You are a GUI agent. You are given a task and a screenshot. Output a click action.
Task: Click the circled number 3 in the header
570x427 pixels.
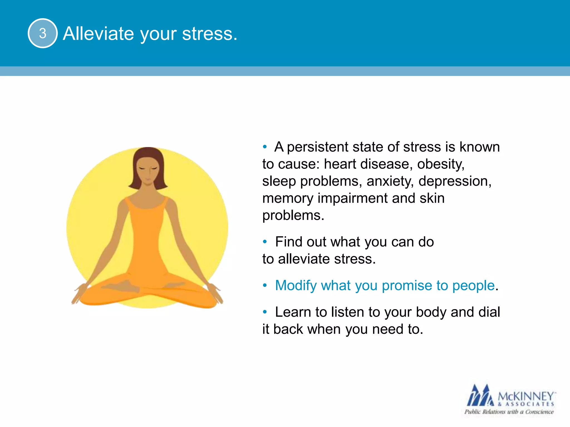[43, 33]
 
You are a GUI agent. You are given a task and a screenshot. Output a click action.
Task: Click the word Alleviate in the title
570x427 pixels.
[98, 34]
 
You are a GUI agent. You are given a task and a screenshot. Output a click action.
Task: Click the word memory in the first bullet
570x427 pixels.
[288, 198]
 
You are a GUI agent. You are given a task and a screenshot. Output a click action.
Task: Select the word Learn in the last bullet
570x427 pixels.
[293, 312]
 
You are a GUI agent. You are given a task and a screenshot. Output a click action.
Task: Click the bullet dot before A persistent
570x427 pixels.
[265, 147]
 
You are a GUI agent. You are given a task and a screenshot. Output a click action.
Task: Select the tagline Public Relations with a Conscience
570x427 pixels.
[509, 412]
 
